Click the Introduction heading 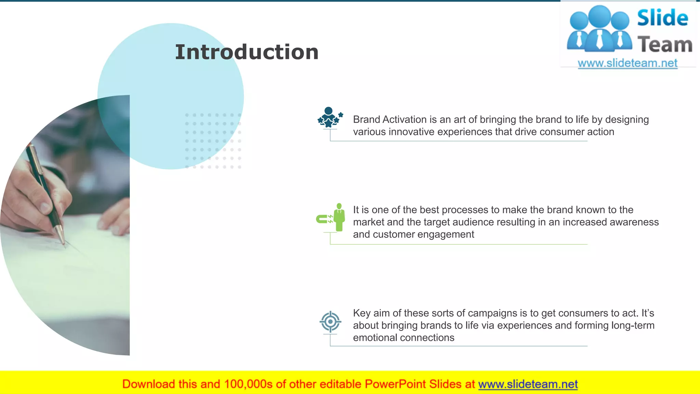[246, 52]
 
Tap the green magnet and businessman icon [331, 218]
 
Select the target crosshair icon [330, 321]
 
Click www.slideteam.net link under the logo [628, 63]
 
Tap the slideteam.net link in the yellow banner [528, 384]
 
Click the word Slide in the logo [662, 18]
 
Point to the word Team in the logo [665, 45]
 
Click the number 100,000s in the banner [248, 384]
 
